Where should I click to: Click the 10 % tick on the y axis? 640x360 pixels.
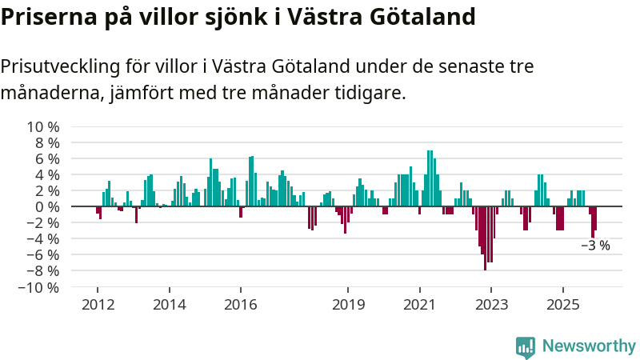tap(43, 127)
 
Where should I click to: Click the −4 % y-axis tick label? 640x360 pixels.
tap(42, 239)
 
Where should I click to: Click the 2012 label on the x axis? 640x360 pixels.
tap(97, 304)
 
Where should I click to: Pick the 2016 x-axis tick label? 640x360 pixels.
tap(240, 304)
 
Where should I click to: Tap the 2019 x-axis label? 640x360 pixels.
tap(348, 304)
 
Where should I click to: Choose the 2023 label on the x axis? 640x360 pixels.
tap(491, 304)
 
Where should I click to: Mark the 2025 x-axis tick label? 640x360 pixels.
tap(563, 304)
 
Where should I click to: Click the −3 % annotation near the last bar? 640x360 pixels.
tap(595, 246)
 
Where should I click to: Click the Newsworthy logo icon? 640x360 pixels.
tap(526, 346)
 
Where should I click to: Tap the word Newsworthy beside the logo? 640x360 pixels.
tap(589, 346)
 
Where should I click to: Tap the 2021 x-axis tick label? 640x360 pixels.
tap(419, 304)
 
